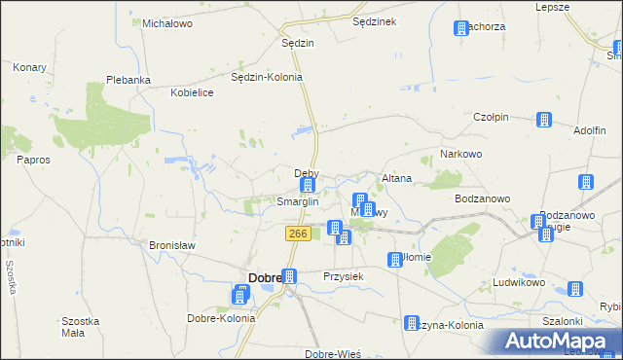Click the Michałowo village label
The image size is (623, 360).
169,22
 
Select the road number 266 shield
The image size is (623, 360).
298,234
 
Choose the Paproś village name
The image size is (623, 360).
33,159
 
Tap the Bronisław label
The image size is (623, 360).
171,245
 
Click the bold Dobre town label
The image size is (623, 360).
265,277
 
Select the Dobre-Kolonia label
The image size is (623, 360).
221,318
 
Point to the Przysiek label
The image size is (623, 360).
343,276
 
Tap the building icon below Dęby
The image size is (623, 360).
308,185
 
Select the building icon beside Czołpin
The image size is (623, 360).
543,121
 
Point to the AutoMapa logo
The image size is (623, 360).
560,342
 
